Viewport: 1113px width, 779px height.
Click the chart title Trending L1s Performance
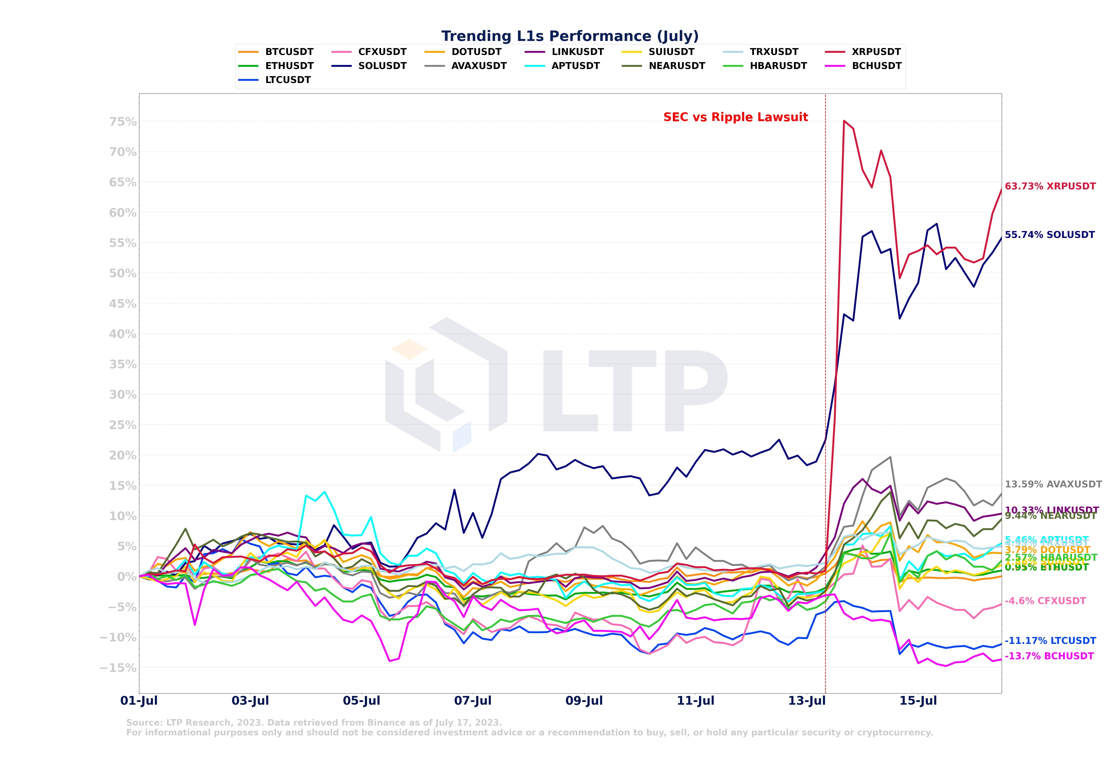570,36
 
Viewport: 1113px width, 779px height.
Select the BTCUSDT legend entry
289,52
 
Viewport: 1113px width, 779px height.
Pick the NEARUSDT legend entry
677,66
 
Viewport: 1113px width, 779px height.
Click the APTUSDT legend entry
575,66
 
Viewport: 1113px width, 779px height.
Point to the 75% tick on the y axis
123,122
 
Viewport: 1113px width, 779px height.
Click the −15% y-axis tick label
118,667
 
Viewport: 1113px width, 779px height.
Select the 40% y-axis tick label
123,334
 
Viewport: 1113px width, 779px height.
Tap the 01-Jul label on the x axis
139,701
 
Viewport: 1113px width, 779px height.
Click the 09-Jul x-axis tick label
584,701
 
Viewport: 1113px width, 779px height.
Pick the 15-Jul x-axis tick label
918,701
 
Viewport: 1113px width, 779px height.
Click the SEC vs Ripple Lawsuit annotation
735,117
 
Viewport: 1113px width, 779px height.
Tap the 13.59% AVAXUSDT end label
1053,484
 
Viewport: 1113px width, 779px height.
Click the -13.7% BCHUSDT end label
1049,656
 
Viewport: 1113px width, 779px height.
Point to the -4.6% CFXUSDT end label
1045,601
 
